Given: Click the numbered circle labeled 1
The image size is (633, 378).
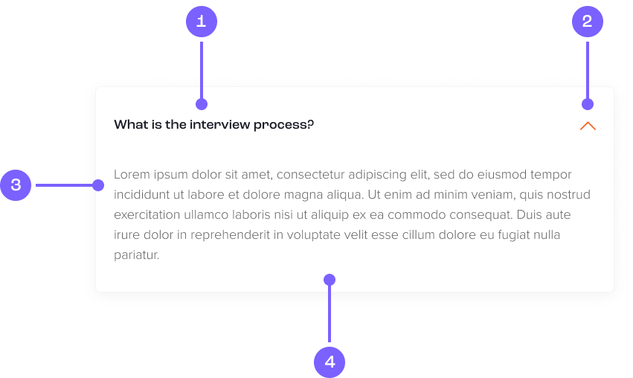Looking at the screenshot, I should (x=201, y=22).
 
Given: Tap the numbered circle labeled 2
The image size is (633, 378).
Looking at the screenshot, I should (x=587, y=22).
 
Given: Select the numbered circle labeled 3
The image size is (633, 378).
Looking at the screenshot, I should (x=16, y=185).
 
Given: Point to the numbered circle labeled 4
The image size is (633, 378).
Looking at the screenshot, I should (x=330, y=362).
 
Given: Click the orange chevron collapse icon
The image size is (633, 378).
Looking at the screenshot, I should (x=588, y=126).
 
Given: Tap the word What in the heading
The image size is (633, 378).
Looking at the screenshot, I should (x=129, y=124).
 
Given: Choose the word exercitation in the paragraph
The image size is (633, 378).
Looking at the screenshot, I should (x=146, y=215).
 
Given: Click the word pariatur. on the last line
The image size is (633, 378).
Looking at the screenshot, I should (x=137, y=255).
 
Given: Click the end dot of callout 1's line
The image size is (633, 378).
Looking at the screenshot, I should (x=201, y=104).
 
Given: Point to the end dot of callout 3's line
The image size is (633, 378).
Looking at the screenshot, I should (x=98, y=185).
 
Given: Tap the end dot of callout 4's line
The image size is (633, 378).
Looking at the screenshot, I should (x=330, y=280).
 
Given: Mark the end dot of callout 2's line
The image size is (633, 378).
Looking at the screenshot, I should (x=588, y=104).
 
